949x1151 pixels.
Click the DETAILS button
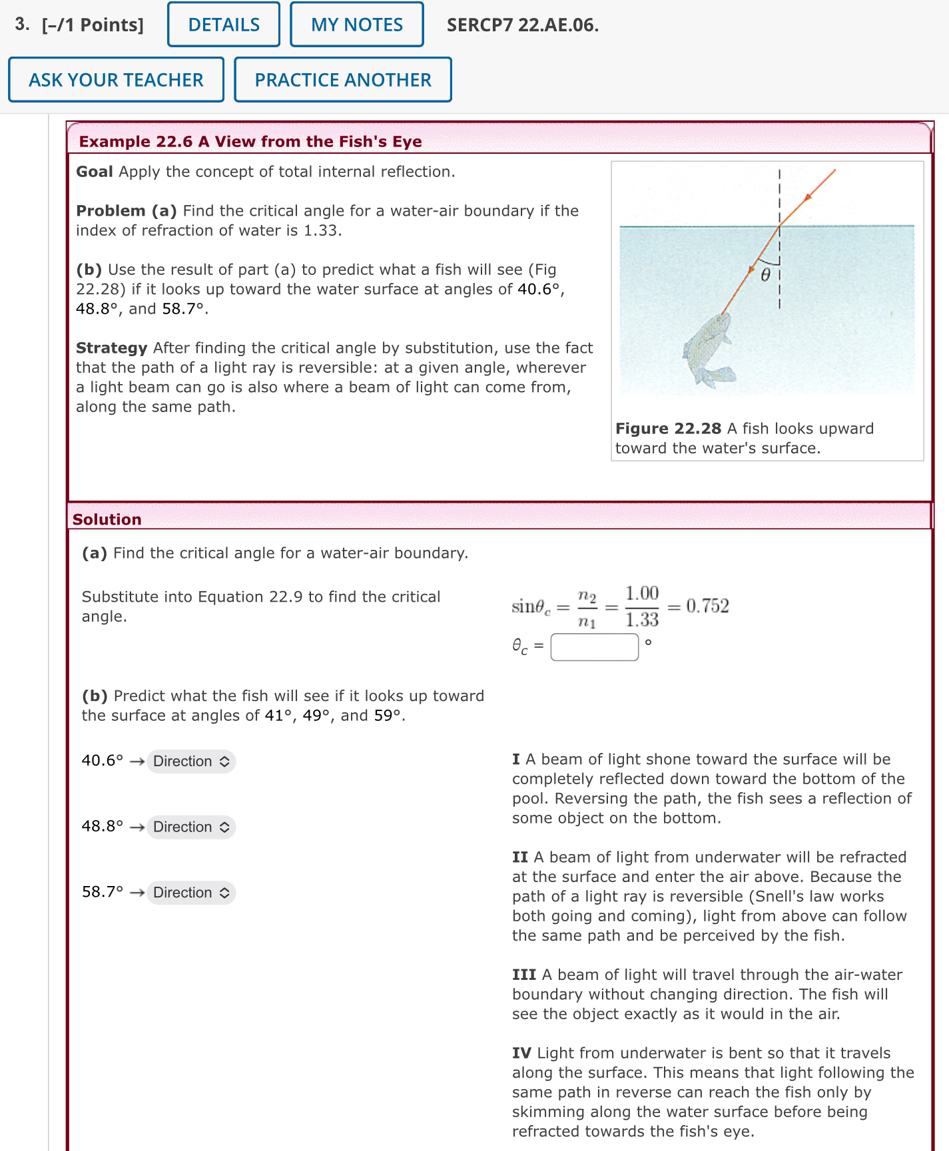pos(224,25)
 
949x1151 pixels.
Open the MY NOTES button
pos(357,25)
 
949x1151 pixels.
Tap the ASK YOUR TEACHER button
pos(116,80)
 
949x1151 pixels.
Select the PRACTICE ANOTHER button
pos(343,80)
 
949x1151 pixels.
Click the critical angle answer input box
pos(594,646)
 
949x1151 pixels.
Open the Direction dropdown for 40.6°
pos(191,761)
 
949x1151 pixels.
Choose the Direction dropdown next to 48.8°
pos(191,827)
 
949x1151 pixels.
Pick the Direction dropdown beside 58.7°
pos(191,892)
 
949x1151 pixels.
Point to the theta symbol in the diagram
pos(766,275)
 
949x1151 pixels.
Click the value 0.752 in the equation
pos(707,606)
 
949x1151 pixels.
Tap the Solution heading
pos(107,519)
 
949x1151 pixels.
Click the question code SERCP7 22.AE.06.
pos(522,25)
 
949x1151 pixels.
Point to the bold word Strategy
pos(111,348)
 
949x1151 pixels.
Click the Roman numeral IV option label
pos(521,1053)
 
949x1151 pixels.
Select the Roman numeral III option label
pos(524,975)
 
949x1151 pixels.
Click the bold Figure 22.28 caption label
pos(668,429)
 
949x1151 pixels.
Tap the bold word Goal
pos(94,172)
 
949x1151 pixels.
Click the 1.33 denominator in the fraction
pos(641,620)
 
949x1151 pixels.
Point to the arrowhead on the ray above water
pos(808,196)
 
